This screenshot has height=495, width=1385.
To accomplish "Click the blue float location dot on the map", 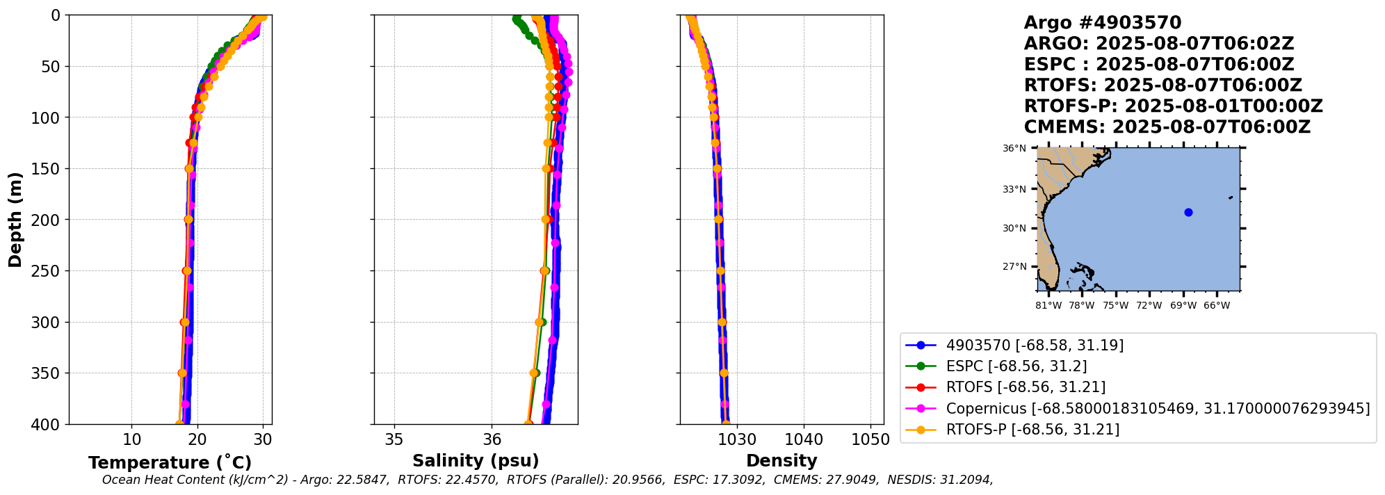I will pos(1188,212).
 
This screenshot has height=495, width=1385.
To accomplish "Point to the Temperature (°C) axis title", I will pos(170,463).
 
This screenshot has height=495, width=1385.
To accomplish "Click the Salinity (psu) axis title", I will pos(476,461).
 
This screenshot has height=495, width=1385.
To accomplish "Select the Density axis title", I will pos(781,461).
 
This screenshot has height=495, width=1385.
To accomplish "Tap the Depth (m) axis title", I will pos(15,219).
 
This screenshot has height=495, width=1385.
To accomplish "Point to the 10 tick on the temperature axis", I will pos(131,440).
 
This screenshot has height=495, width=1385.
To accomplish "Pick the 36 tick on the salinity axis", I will pos(492,440).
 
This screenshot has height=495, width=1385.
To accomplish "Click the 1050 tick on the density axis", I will pos(870,440).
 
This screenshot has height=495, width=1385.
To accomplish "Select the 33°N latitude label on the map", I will pos(1014,189).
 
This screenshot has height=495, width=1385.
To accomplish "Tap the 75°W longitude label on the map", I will pos(1115,305).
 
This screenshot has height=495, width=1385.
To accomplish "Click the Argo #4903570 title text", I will pos(1102,23).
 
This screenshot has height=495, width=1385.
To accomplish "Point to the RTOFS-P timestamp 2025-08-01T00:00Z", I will pos(1223,106).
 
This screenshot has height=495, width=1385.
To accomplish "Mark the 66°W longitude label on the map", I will pos(1217,305).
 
